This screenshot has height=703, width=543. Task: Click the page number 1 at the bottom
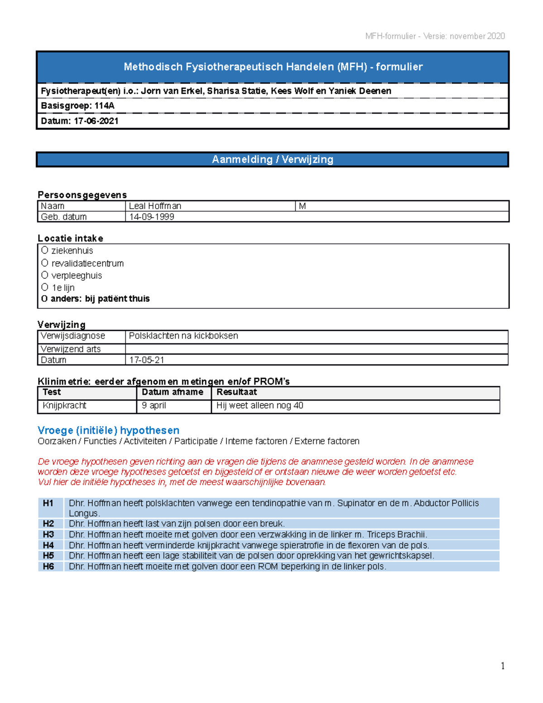tap(502, 665)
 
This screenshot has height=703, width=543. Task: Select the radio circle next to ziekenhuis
tap(44, 250)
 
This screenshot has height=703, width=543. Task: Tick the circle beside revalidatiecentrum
tap(44, 263)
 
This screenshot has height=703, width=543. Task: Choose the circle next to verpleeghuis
tap(44, 275)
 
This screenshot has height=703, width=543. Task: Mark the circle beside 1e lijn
tap(44, 287)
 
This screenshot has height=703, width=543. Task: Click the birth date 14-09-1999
tap(152, 217)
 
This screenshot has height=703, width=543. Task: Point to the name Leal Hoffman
tap(155, 206)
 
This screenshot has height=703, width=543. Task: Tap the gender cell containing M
tap(302, 206)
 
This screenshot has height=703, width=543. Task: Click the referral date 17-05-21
tap(147, 360)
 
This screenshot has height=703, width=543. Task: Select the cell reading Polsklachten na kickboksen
tap(183, 336)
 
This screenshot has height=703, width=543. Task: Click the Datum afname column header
tap(172, 392)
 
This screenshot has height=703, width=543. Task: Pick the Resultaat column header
tap(236, 392)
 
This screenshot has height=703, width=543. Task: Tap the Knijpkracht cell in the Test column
tap(64, 406)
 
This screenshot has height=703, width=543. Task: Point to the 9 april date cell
tap(154, 406)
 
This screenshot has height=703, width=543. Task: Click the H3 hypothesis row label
tap(48, 535)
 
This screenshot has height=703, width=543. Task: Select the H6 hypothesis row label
tap(48, 566)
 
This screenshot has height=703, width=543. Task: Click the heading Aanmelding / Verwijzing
tap(272, 159)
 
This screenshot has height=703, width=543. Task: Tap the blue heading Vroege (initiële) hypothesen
tap(108, 430)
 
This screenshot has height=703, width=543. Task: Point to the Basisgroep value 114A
tap(105, 106)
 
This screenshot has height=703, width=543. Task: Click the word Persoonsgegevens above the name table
tap(82, 195)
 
